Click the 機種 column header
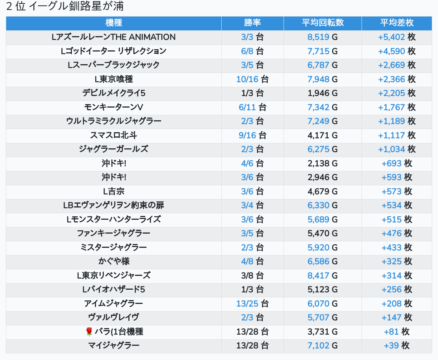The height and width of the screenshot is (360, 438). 114,23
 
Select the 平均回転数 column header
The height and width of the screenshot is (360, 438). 322,23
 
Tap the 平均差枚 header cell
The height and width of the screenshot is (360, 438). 397,23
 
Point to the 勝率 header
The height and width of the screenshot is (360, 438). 252,23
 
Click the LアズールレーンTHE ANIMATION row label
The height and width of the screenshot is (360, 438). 114,37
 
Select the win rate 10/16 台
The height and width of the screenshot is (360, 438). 252,80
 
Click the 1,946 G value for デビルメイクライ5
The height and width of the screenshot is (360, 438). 322,93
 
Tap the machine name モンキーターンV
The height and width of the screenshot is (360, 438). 114,107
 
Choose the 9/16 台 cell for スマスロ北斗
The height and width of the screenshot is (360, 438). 252,135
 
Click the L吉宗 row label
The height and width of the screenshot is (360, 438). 114,191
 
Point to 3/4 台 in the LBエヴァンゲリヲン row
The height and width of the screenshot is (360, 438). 252,206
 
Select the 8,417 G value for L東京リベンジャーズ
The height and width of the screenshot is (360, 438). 322,275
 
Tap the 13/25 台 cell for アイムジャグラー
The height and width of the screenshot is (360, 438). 252,304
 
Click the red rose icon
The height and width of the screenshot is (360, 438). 89,332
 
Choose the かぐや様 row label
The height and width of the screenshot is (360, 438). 114,262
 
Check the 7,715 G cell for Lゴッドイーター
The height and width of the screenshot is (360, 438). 322,51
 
